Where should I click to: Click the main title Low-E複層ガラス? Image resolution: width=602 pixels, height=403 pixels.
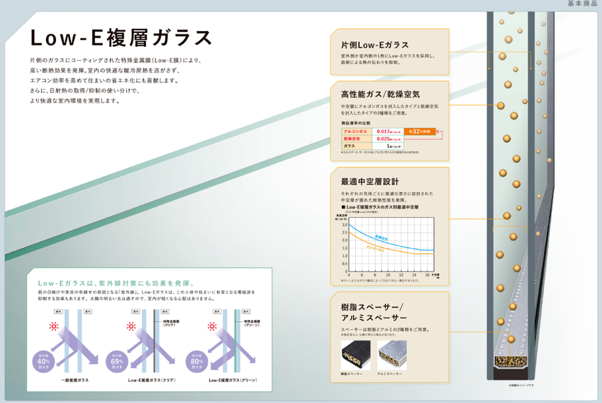click(121, 37)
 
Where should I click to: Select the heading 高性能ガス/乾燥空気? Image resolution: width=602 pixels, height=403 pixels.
click(380, 94)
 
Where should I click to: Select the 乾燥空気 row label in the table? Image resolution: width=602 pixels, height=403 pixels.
click(351, 139)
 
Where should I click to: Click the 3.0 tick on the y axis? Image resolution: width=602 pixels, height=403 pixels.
click(345, 225)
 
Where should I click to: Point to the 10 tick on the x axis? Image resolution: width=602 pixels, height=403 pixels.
click(387, 274)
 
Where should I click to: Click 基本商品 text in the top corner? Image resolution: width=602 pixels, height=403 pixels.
click(582, 4)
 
